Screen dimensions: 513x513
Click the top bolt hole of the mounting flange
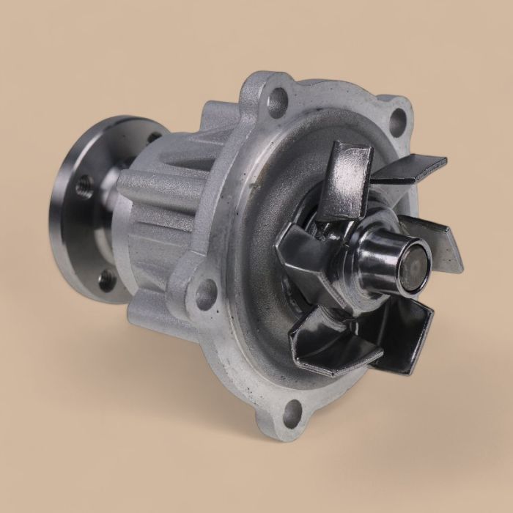coord(278,102)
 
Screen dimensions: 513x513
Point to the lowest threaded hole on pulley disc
coord(106,279)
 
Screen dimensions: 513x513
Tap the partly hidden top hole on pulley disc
coord(153,137)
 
